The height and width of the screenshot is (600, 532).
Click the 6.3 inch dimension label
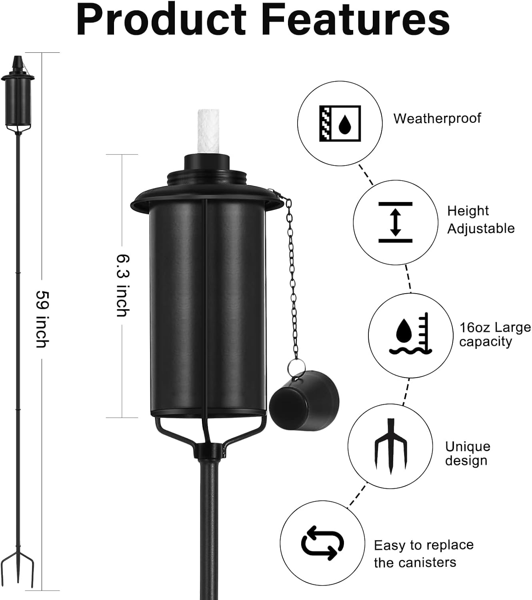(x=122, y=285)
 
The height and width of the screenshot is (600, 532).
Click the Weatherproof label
(x=437, y=118)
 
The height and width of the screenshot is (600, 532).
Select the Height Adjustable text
(x=480, y=220)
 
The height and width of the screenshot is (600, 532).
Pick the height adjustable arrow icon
(x=395, y=222)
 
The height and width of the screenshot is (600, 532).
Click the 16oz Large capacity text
(x=494, y=334)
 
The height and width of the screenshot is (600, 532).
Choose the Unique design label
(x=467, y=453)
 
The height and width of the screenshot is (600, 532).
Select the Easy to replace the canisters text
(x=423, y=553)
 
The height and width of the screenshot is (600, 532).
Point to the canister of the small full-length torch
(x=18, y=101)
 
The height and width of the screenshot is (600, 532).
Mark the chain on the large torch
(x=293, y=280)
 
